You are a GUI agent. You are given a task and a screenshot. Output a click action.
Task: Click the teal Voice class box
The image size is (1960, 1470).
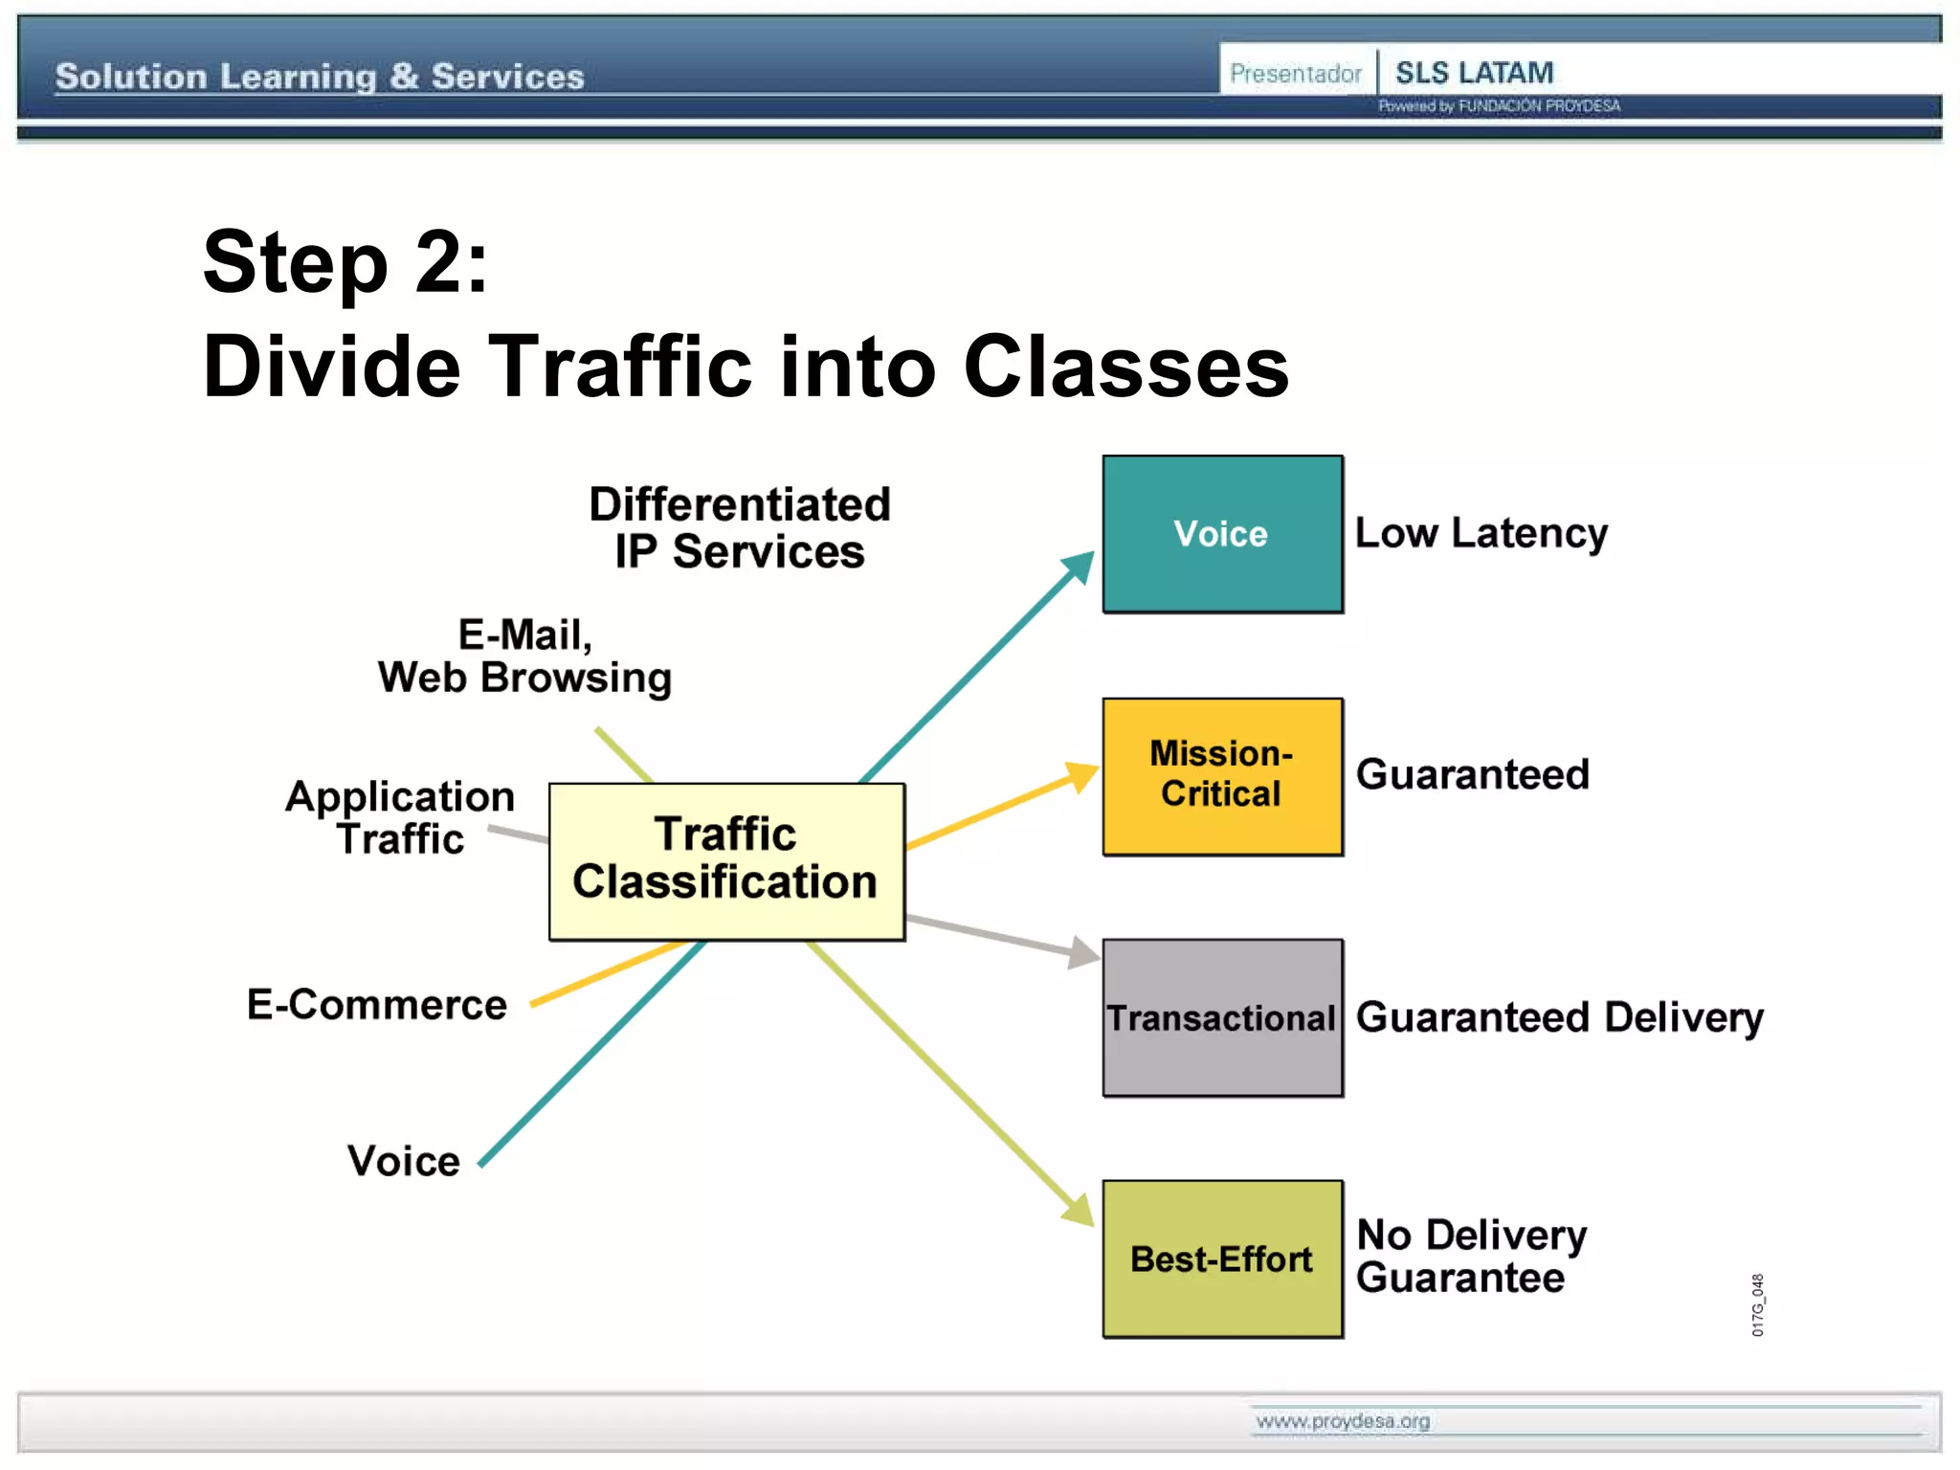(x=1222, y=534)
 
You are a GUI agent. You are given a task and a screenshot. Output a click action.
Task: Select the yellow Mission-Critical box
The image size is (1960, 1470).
(x=1222, y=776)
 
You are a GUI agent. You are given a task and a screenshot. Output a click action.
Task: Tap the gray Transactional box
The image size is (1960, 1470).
(x=1222, y=1017)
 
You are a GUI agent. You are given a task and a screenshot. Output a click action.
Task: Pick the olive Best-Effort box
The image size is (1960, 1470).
(x=1222, y=1258)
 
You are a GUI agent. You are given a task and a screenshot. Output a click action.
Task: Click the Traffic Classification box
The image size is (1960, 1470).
(x=726, y=859)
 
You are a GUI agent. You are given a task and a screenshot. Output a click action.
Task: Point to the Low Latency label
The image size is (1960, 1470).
(x=1481, y=534)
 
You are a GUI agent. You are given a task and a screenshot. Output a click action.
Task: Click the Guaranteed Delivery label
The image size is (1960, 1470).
(x=1559, y=1017)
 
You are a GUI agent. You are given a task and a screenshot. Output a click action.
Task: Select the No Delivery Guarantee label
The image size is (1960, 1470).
(x=1471, y=1257)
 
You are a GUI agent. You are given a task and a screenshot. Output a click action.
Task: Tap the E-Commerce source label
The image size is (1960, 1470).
(x=377, y=1005)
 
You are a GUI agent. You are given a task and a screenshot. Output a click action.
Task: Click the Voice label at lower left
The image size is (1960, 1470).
(x=404, y=1161)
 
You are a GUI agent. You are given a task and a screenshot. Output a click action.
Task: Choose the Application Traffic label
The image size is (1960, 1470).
(x=400, y=817)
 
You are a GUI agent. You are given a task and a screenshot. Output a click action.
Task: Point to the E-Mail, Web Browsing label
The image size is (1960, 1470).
(x=524, y=657)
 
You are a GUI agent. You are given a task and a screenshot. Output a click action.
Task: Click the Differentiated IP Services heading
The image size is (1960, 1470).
(x=740, y=528)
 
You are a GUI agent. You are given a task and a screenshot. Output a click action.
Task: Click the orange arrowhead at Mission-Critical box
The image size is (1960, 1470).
(x=1083, y=776)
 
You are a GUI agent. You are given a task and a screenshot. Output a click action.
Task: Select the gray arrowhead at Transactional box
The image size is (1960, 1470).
(x=1084, y=952)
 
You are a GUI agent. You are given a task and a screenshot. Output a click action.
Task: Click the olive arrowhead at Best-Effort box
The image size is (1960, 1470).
(x=1080, y=1211)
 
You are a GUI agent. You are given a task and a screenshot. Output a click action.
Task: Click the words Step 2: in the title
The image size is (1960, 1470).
(x=345, y=262)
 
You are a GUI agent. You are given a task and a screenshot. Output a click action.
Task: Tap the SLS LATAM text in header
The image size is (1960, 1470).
(x=1474, y=73)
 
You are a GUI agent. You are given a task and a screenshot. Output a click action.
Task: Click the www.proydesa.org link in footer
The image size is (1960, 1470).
(x=1343, y=1421)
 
